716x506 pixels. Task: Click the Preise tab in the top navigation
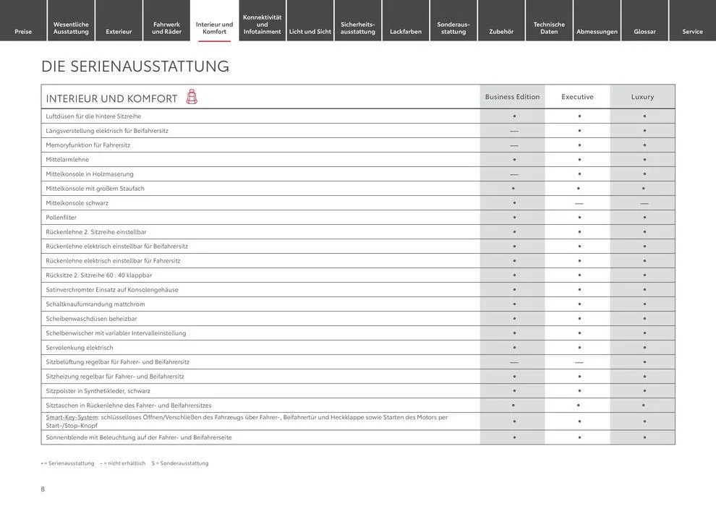23,31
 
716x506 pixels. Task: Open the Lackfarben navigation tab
406,31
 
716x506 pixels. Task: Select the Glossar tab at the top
644,31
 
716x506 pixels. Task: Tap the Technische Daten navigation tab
549,27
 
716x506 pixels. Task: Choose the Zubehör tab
501,31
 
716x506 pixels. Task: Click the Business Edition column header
512,97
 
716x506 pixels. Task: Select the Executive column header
577,97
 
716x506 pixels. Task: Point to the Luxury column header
642,97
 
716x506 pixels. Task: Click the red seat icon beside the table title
192,97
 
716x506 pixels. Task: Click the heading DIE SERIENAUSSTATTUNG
135,67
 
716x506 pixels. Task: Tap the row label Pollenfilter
61,218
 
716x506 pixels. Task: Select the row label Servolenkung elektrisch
80,348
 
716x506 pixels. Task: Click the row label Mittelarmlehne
67,160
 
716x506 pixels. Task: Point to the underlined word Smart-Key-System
72,417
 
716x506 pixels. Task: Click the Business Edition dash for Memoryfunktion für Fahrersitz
514,145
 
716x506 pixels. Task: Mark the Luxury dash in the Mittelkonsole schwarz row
644,203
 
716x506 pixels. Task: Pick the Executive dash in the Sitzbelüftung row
579,362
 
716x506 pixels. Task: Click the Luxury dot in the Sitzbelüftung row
644,362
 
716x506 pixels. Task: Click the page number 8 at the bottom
43,489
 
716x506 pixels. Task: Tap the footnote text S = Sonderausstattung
180,463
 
